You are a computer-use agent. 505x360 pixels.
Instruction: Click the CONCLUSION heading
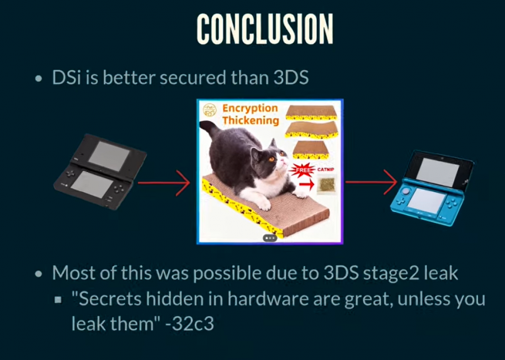tap(264, 29)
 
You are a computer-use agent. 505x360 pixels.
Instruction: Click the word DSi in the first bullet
tap(66, 78)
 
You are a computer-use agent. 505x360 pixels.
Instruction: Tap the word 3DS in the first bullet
tap(291, 78)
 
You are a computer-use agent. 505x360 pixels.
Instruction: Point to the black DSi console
tap(99, 171)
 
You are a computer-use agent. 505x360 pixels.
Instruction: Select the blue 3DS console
tap(433, 188)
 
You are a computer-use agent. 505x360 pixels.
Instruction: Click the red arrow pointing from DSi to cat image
tap(164, 183)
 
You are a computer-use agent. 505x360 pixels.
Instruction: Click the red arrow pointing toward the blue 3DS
tap(371, 182)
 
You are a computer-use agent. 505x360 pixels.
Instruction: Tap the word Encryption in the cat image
tap(250, 109)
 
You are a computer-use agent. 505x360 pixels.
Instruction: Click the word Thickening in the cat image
tap(251, 120)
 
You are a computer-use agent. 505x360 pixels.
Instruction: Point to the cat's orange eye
tap(271, 159)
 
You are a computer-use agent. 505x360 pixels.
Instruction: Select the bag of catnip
tap(327, 185)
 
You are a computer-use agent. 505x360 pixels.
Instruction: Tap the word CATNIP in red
tap(325, 170)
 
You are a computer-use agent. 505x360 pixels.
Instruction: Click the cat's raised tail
tap(210, 129)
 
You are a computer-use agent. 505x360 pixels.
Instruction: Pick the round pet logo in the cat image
tap(210, 109)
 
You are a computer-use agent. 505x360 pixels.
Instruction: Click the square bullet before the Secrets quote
tap(58, 300)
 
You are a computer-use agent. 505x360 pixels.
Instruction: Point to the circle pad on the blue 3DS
tap(406, 191)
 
